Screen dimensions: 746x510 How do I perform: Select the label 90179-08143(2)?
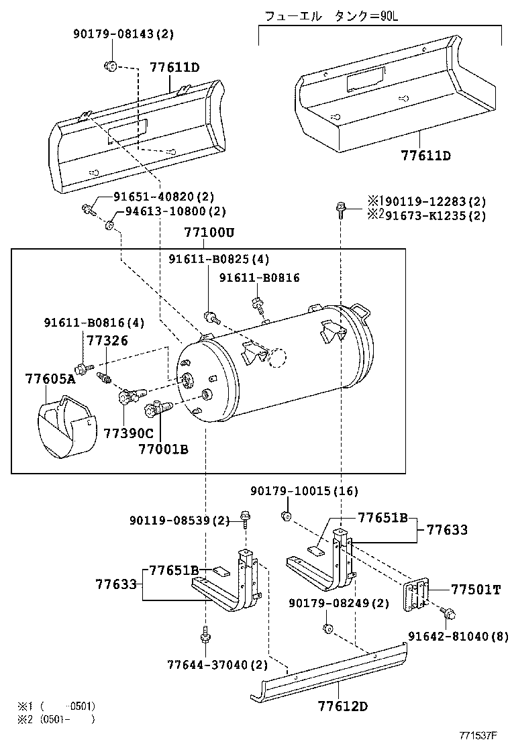click(x=123, y=34)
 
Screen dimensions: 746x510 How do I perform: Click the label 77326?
click(x=107, y=341)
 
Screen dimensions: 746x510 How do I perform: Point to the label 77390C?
click(x=128, y=433)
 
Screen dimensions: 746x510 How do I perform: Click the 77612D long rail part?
click(x=329, y=671)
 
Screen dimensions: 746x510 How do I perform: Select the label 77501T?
click(x=476, y=590)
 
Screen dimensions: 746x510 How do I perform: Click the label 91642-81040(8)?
click(x=458, y=636)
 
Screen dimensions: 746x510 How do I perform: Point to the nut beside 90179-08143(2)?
click(x=110, y=65)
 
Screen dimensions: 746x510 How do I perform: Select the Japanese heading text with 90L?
click(x=331, y=17)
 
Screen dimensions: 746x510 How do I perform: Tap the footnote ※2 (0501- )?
click(x=57, y=720)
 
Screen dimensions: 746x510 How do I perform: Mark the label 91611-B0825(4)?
click(x=219, y=260)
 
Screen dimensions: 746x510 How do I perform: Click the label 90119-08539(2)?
click(x=179, y=520)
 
